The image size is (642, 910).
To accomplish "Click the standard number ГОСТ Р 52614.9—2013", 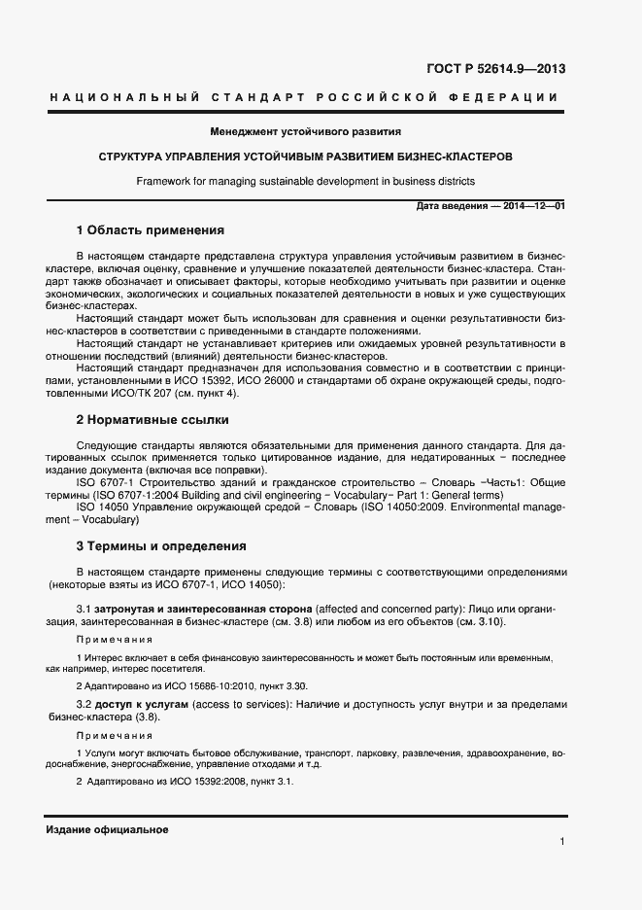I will tap(495, 69).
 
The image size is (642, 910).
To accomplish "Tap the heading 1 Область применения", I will tap(150, 230).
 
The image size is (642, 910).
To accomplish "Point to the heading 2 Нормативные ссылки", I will tap(152, 420).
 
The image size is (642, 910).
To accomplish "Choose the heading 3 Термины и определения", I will tap(160, 545).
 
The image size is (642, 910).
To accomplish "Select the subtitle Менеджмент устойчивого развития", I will tap(305, 130).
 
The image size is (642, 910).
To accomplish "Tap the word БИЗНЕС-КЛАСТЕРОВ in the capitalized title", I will tap(459, 156).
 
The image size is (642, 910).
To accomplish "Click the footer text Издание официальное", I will tap(107, 829).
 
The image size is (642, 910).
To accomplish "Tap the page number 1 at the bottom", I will tap(561, 843).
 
